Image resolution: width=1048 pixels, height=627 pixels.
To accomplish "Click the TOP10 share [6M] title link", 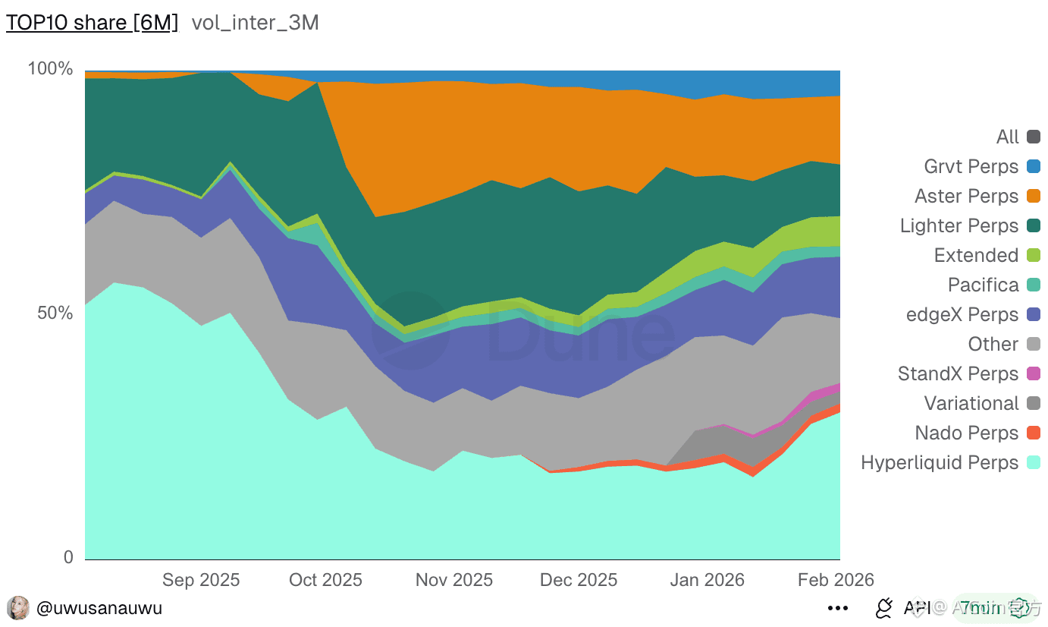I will point(92,23).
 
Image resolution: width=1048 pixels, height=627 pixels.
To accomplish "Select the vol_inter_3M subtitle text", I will point(255,23).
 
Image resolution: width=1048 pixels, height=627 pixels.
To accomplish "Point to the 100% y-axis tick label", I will point(50,69).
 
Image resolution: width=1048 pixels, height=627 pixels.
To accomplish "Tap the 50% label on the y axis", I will point(55,313).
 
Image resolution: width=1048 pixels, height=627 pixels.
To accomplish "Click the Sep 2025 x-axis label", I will point(201,580).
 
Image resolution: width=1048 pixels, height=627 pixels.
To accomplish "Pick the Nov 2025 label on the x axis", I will point(454,580).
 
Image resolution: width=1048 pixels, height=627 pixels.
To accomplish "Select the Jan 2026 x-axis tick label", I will point(708,580).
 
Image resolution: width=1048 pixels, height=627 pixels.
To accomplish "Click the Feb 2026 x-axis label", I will point(836,580).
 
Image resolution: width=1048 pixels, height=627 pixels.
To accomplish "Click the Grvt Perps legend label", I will point(971,166).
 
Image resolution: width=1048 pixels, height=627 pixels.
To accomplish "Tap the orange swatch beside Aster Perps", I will point(1034,196).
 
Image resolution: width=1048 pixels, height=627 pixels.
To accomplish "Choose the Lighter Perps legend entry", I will point(959,225).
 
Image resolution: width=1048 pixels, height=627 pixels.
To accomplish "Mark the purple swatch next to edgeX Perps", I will point(1034,314).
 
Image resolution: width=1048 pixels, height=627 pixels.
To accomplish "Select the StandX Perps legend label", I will point(958,373).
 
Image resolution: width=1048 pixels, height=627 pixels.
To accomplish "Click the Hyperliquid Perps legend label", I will point(940,462).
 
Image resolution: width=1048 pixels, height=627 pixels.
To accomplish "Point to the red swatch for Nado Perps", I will point(1034,433).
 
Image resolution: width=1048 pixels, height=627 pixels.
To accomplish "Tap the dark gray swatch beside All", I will point(1034,137).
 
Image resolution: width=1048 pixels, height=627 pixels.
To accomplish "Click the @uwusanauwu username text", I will point(99,608).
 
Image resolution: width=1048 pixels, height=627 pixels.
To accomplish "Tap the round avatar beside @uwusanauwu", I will point(18,608).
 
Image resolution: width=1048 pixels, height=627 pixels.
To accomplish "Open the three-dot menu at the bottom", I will point(838,608).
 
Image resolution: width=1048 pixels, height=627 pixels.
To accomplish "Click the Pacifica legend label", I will point(983,285).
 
